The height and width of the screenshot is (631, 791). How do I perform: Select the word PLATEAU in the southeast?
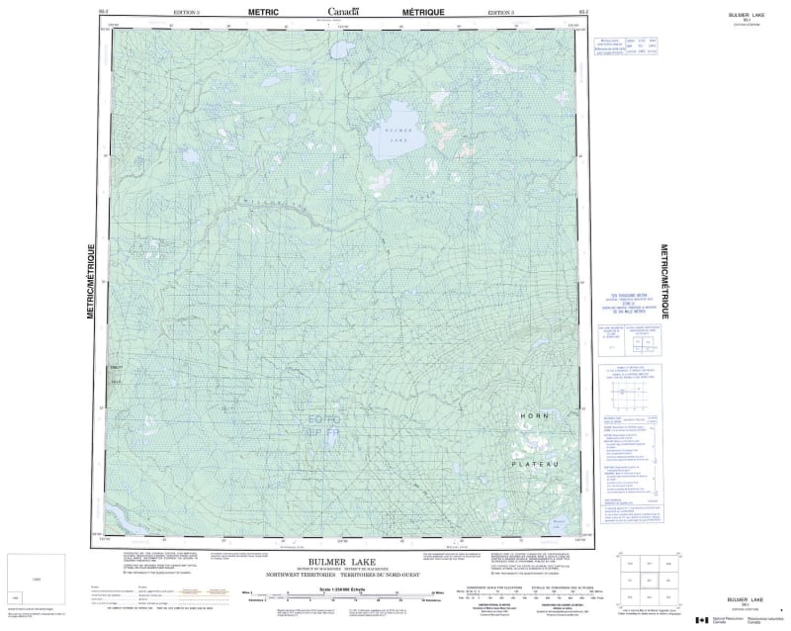coord(536,463)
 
